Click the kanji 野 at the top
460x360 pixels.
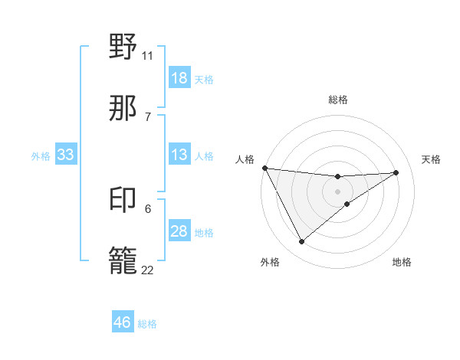123,47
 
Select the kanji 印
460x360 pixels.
123,200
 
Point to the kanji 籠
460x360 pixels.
123,260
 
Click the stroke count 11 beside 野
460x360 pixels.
147,55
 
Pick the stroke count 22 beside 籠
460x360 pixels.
147,270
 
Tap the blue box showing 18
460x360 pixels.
179,78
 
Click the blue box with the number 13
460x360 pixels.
179,155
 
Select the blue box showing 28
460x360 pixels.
179,231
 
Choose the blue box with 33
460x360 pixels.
66,155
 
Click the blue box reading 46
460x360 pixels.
123,322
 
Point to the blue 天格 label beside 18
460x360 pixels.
204,79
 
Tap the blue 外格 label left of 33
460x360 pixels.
41,155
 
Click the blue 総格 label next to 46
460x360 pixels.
147,324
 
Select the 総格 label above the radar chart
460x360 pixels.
337,100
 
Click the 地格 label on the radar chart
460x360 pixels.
402,262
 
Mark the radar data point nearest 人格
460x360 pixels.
264,168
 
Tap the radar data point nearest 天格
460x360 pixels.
396,172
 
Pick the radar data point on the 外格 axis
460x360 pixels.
301,241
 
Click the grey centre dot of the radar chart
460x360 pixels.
337,191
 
